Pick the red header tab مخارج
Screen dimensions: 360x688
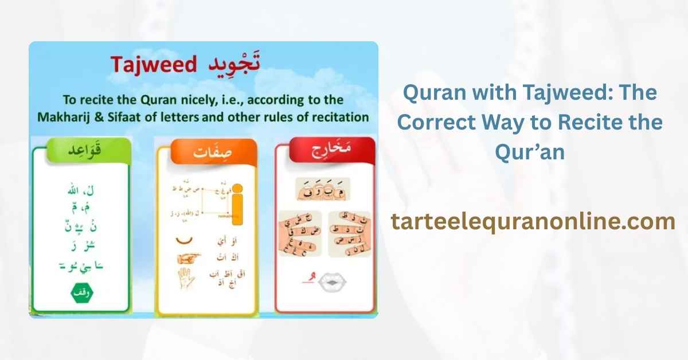pyautogui.click(x=325, y=153)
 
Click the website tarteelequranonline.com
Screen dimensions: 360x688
pyautogui.click(x=533, y=221)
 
